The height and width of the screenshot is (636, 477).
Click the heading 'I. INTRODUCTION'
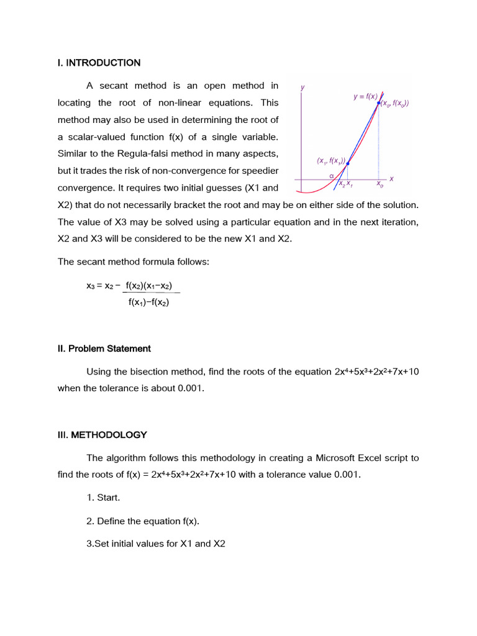99,63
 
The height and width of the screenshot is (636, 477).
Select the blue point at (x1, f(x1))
347,164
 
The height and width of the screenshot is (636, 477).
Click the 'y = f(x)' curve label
365,96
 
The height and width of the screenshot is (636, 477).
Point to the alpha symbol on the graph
332,175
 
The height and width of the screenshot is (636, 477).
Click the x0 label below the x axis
379,184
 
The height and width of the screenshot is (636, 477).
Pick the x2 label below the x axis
342,184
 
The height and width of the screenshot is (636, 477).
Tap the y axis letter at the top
302,88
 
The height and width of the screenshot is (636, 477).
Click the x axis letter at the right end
391,179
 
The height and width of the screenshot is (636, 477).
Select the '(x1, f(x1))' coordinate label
330,160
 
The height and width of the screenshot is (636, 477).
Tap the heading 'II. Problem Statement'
104,348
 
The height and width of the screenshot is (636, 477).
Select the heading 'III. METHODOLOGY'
102,435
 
